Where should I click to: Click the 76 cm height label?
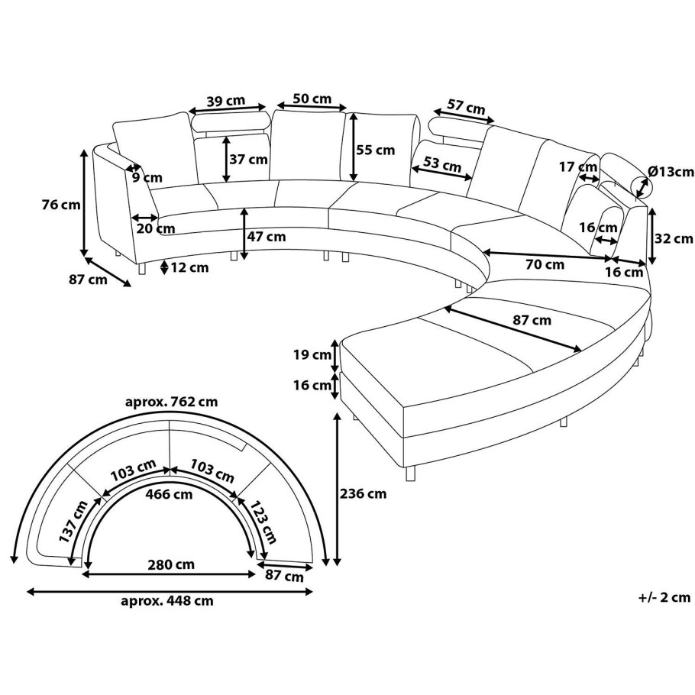[x=61, y=204]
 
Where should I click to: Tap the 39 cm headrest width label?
[x=225, y=102]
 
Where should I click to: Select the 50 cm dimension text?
[x=312, y=99]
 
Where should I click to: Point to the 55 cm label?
[x=376, y=150]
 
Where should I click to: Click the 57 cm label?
[x=466, y=108]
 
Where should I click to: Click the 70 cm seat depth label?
[x=545, y=265]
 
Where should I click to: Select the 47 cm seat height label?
[x=267, y=237]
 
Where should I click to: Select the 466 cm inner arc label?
[x=170, y=494]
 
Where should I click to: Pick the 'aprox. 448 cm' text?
[x=167, y=600]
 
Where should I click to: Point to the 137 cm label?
[x=69, y=522]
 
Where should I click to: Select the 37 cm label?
[x=248, y=160]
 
